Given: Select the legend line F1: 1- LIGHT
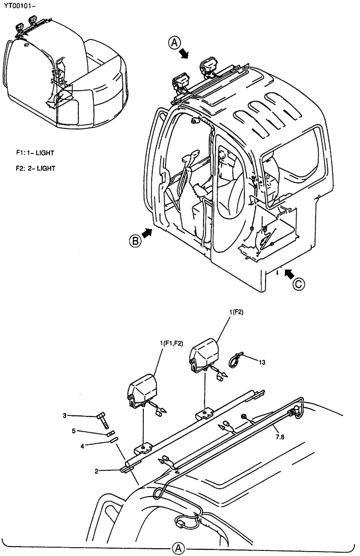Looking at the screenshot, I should coord(35,152).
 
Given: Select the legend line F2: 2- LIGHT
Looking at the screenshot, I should coord(35,167).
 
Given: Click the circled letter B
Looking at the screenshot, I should coord(135,241).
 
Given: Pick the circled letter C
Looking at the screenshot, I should coord(299,284).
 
